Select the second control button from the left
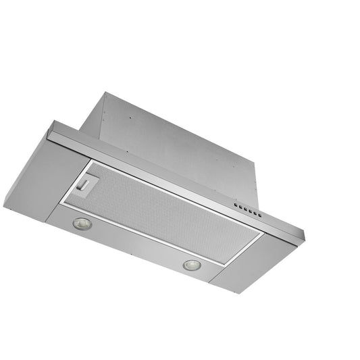[x=240, y=205]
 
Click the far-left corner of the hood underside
[x=5, y=206]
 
